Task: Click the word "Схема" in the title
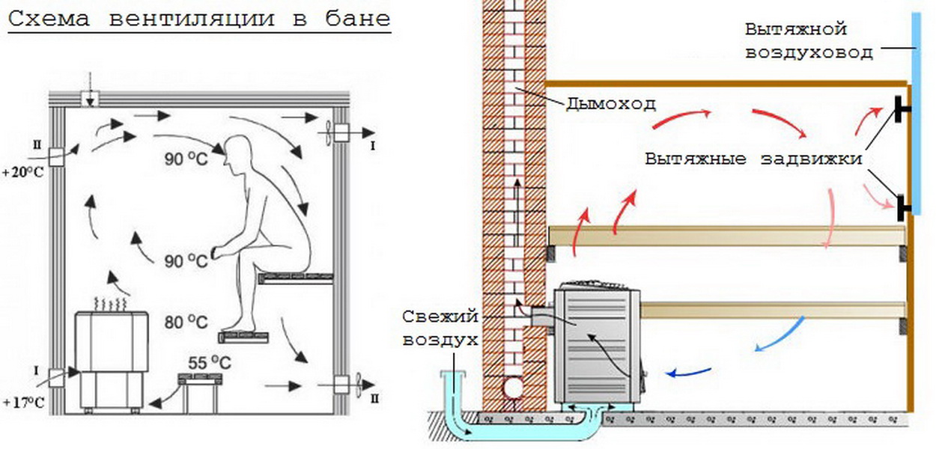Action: [49, 19]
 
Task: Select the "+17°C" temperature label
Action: [23, 403]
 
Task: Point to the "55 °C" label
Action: [210, 363]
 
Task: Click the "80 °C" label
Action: [186, 323]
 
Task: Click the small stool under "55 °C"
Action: [200, 394]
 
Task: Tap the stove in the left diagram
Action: [112, 359]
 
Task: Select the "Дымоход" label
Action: [610, 104]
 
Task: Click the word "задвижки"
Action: [811, 159]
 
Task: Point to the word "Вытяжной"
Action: [795, 30]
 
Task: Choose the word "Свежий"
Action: [440, 317]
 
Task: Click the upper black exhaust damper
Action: [902, 109]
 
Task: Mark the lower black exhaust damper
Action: [903, 207]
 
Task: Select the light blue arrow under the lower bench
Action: [780, 335]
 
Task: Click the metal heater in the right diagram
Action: [597, 345]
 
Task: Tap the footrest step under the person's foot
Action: [243, 337]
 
